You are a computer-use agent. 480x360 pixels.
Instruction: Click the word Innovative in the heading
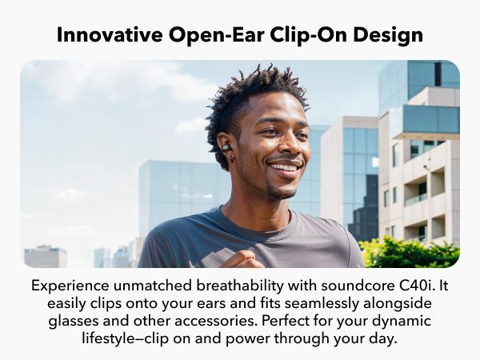pos(110,34)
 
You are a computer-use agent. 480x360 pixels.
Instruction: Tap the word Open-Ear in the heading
pos(217,35)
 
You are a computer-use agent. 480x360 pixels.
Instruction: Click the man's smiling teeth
pos(284,167)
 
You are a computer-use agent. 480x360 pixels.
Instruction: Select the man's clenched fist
pos(242,259)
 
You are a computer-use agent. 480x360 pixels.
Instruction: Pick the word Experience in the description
pos(70,286)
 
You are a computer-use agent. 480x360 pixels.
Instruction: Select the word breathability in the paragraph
pos(240,286)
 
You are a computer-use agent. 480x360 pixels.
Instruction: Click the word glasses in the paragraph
pos(74,322)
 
